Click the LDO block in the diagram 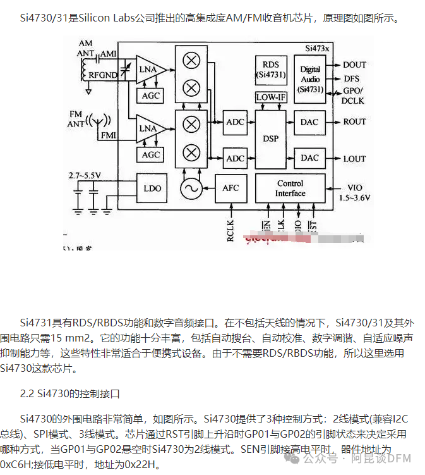point(152,188)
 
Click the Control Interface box point(290,188)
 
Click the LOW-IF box point(270,97)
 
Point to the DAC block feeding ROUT point(309,122)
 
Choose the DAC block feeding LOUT point(309,157)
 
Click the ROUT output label point(354,122)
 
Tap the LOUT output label point(354,159)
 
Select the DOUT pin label point(354,65)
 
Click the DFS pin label point(352,79)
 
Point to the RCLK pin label point(230,229)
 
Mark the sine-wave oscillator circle point(189,188)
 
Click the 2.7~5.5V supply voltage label point(85,174)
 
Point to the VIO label point(354,188)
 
